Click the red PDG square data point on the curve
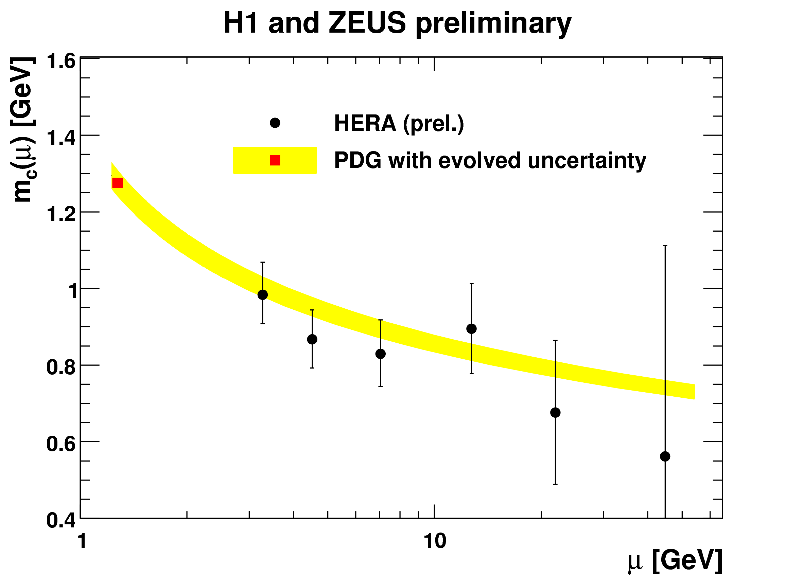coord(117,183)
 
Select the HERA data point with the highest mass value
coord(262,295)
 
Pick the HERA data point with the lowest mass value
coord(665,456)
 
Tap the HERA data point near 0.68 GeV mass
coord(555,413)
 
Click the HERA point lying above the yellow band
coord(471,329)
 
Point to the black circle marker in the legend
coord(275,123)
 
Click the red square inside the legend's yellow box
coord(275,160)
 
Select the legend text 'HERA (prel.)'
coord(399,124)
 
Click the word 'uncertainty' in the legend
coord(587,161)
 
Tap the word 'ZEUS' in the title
coord(367,23)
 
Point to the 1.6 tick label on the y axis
coord(61,61)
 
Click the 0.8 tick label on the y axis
coord(61,367)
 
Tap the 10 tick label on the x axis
coord(434,541)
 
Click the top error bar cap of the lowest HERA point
coord(665,246)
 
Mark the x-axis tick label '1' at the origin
coord(82,541)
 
